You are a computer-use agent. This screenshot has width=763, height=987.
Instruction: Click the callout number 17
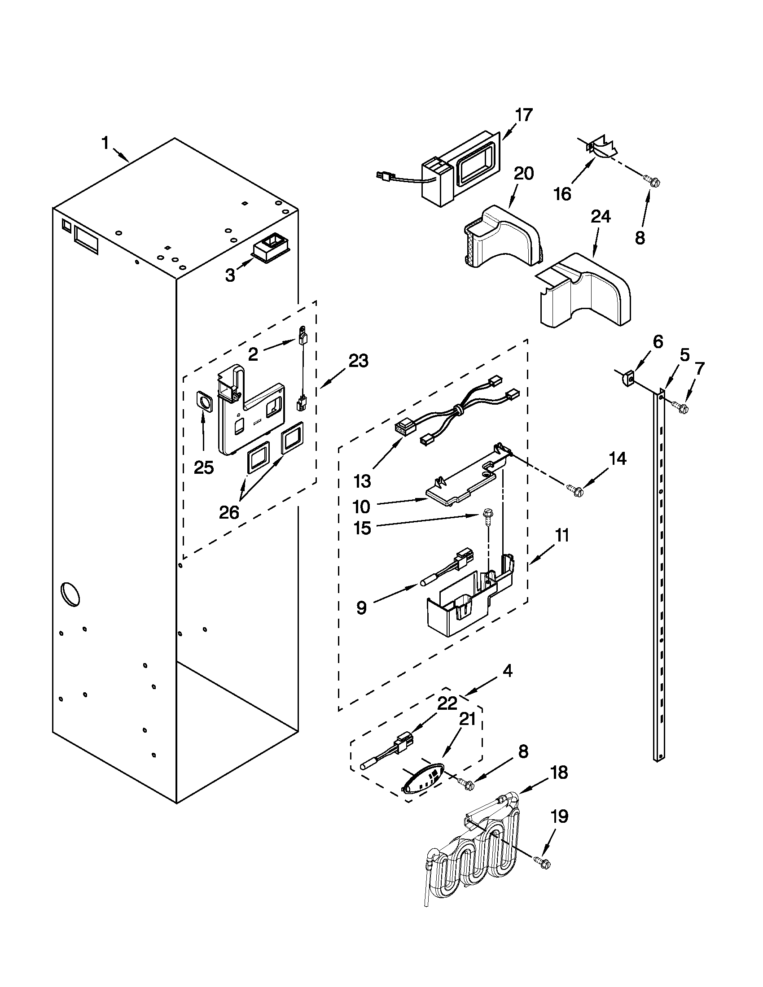tap(524, 115)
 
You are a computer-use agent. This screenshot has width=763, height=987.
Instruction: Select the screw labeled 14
tap(575, 490)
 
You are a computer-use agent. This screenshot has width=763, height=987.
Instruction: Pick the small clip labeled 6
tap(626, 376)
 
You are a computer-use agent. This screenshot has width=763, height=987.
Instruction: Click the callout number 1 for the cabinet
tap(105, 144)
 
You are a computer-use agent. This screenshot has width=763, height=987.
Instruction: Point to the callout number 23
tap(358, 361)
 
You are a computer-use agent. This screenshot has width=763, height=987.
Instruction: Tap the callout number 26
tap(229, 512)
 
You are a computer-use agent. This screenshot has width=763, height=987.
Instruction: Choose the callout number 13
tap(362, 481)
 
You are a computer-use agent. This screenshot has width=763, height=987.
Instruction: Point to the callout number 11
tap(562, 536)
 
